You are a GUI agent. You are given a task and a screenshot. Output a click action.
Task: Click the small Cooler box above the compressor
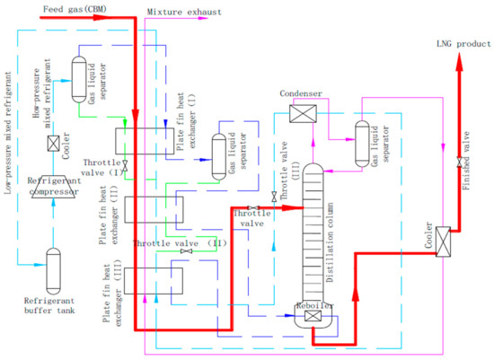[x=53, y=144]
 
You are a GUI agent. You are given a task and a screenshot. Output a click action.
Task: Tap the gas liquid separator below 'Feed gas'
[x=77, y=73]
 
